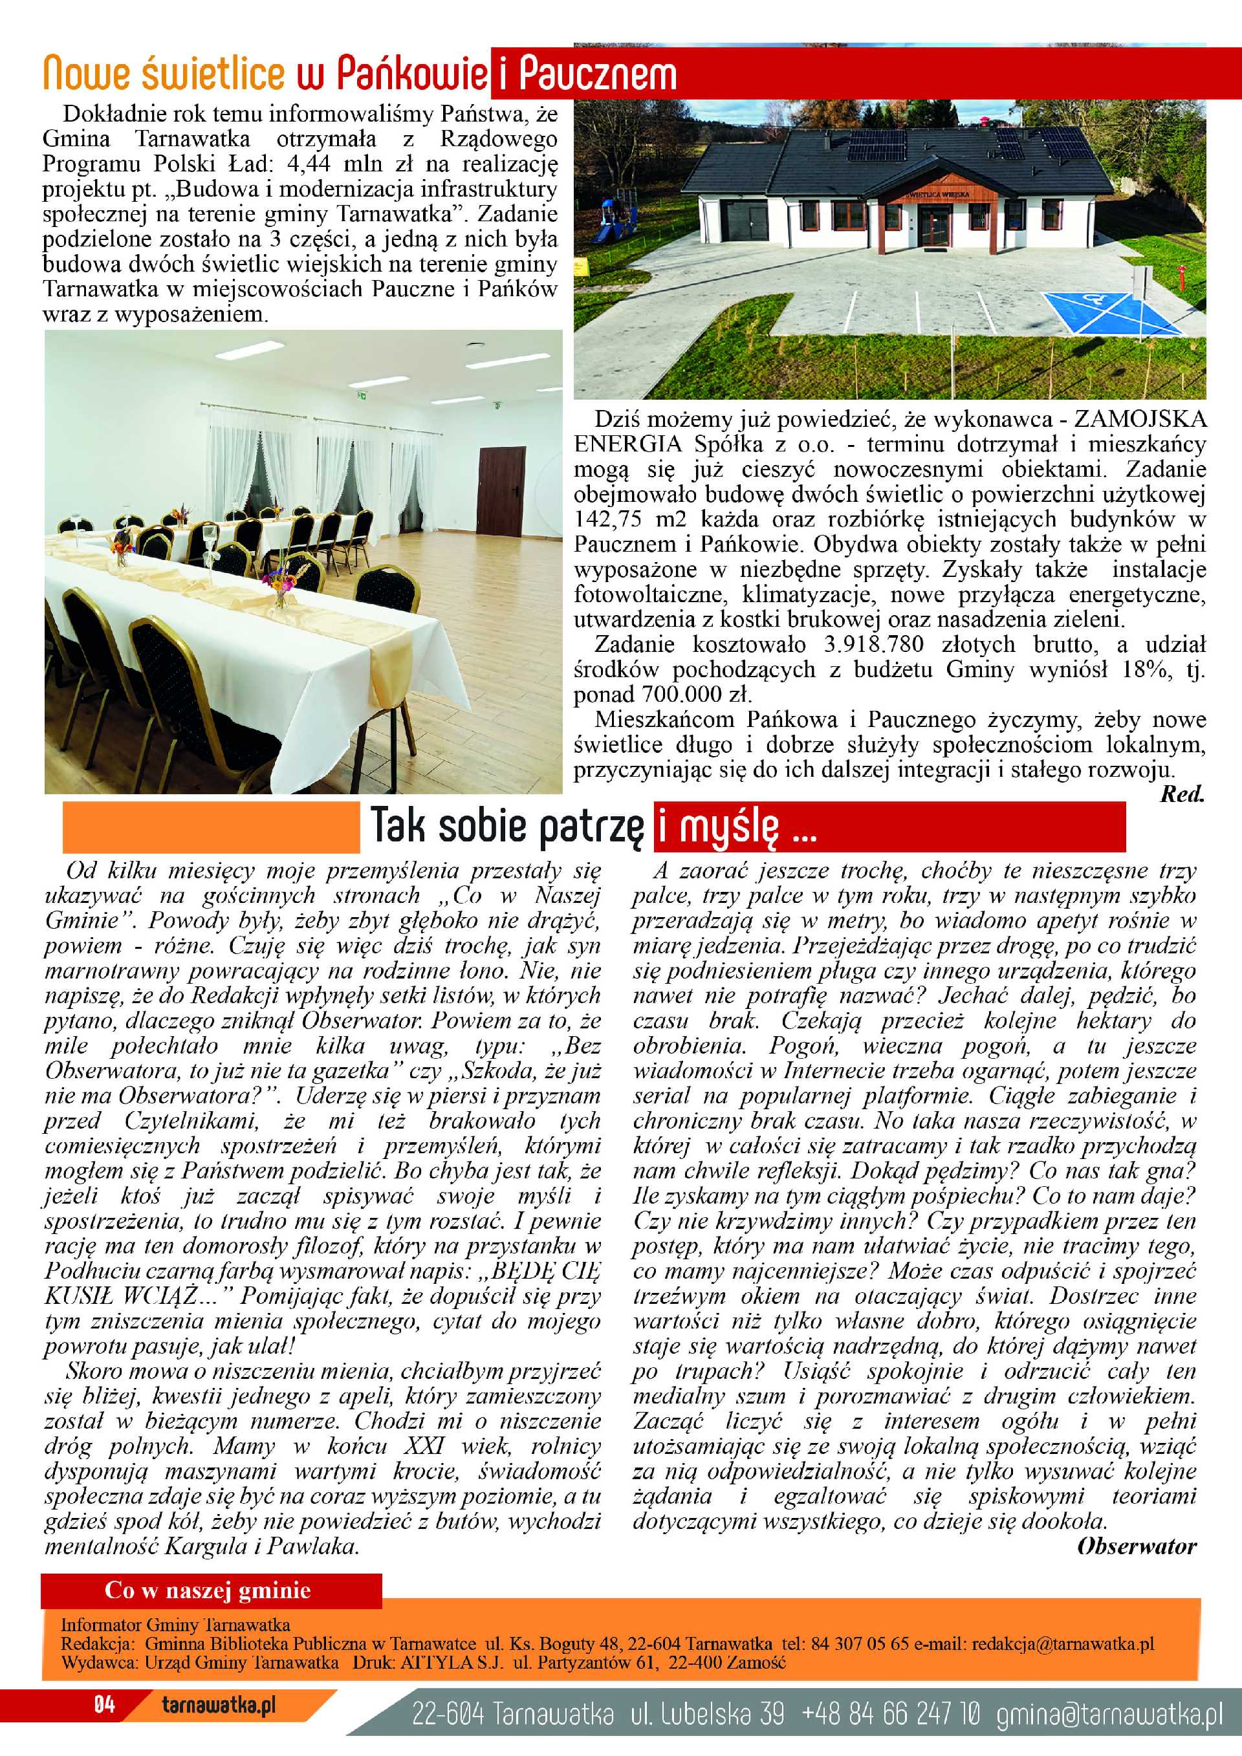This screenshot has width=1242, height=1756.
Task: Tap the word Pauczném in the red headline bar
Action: pos(597,75)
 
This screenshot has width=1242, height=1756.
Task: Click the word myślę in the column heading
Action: pos(729,827)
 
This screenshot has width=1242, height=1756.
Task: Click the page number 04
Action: pos(105,1726)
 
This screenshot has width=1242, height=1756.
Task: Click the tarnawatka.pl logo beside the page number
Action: pos(219,1726)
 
